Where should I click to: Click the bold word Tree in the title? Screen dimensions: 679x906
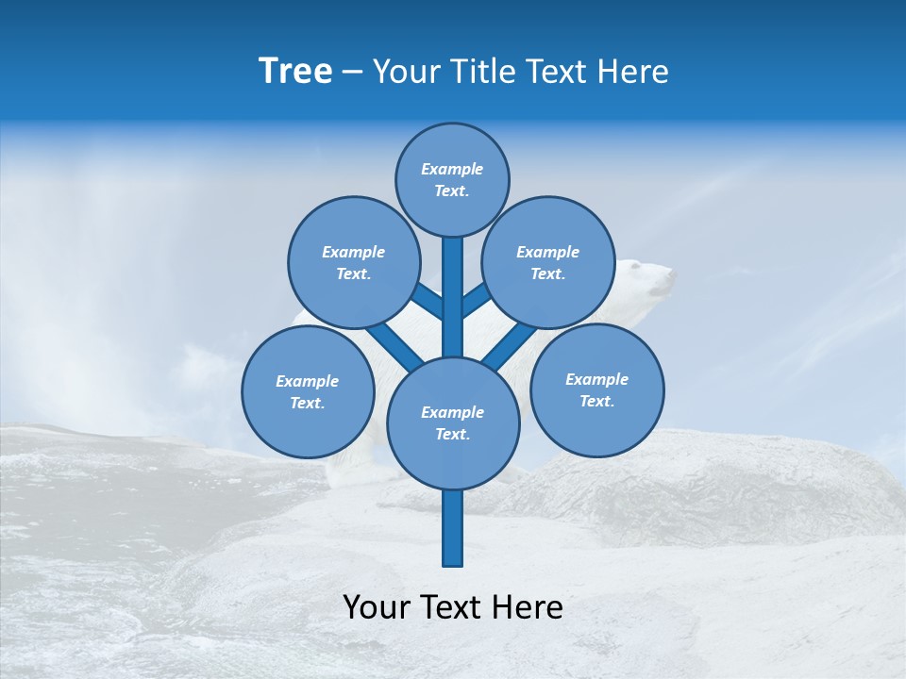pyautogui.click(x=295, y=72)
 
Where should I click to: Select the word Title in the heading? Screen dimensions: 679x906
pyautogui.click(x=483, y=72)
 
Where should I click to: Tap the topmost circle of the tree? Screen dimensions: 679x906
pyautogui.click(x=452, y=179)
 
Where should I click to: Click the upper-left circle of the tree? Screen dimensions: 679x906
pyautogui.click(x=353, y=262)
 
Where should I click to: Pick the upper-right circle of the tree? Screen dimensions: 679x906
pyautogui.click(x=547, y=262)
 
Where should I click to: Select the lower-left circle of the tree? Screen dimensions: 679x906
pyautogui.click(x=308, y=391)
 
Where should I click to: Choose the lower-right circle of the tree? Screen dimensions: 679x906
pyautogui.click(x=596, y=389)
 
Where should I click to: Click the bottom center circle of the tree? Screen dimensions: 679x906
pyautogui.click(x=453, y=422)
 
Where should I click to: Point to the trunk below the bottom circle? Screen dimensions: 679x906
pyautogui.click(x=453, y=528)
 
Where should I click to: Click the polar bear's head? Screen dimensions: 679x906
pyautogui.click(x=651, y=278)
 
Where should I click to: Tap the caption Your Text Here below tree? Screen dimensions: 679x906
pyautogui.click(x=453, y=606)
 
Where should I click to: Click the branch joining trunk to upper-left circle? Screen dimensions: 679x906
pyautogui.click(x=428, y=302)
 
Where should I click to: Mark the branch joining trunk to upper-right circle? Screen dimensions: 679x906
pyautogui.click(x=475, y=301)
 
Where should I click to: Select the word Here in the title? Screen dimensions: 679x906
pyautogui.click(x=635, y=72)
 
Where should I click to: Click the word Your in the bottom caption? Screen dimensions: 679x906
pyautogui.click(x=376, y=606)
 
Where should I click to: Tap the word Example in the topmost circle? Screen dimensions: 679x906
pyautogui.click(x=452, y=169)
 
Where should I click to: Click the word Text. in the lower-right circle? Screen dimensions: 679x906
pyautogui.click(x=596, y=401)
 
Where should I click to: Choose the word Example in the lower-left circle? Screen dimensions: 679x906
pyautogui.click(x=308, y=381)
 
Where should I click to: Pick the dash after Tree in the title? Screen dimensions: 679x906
pyautogui.click(x=352, y=73)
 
